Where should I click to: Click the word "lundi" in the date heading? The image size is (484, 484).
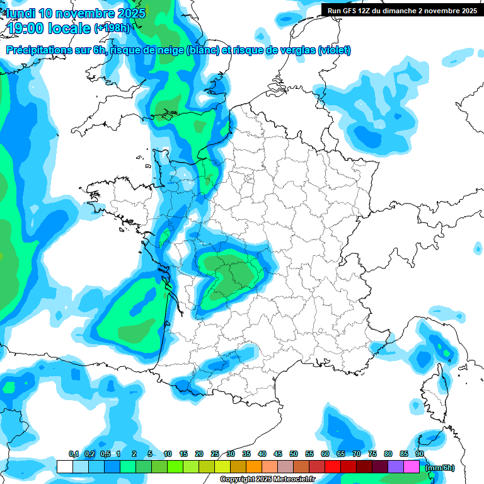pyautogui.click(x=21, y=13)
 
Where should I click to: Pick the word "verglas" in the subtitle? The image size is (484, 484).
pyautogui.click(x=292, y=50)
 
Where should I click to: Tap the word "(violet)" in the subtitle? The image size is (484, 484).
pyautogui.click(x=334, y=50)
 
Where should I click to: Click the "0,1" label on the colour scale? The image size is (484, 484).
pyautogui.click(x=74, y=454)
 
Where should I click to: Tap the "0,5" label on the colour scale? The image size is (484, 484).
pyautogui.click(x=105, y=454)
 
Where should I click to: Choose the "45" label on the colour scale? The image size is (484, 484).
pyautogui.click(x=278, y=454)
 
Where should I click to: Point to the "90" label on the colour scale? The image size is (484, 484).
pyautogui.click(x=419, y=454)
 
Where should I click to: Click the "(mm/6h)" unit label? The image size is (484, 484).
pyautogui.click(x=440, y=467)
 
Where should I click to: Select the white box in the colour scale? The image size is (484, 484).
pyautogui.click(x=64, y=466)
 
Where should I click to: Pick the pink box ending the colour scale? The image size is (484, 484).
pyautogui.click(x=412, y=466)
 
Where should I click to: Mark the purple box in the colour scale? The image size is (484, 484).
pyautogui.click(x=396, y=466)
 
